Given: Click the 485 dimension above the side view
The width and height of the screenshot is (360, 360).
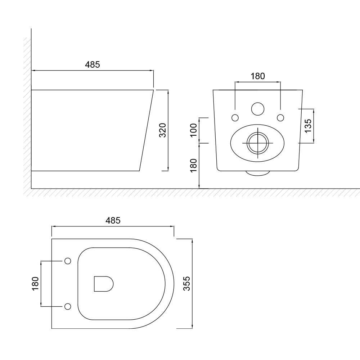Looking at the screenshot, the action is click(93, 64).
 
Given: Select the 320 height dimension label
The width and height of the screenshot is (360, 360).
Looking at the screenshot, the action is click(163, 130).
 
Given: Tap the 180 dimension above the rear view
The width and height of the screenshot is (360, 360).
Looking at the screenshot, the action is click(258, 76).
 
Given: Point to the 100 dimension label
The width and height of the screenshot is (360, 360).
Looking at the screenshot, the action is click(194, 130).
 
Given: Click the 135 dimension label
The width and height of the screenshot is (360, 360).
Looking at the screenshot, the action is click(308, 126).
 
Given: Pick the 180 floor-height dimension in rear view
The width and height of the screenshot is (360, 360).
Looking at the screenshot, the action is click(194, 166).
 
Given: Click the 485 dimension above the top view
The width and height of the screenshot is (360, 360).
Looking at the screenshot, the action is click(113, 220).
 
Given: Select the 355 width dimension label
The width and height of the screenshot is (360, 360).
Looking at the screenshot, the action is click(186, 284).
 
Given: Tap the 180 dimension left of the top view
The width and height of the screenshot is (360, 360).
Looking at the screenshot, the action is click(35, 284).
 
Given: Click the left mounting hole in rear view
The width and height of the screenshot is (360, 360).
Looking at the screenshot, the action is click(235, 118).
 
